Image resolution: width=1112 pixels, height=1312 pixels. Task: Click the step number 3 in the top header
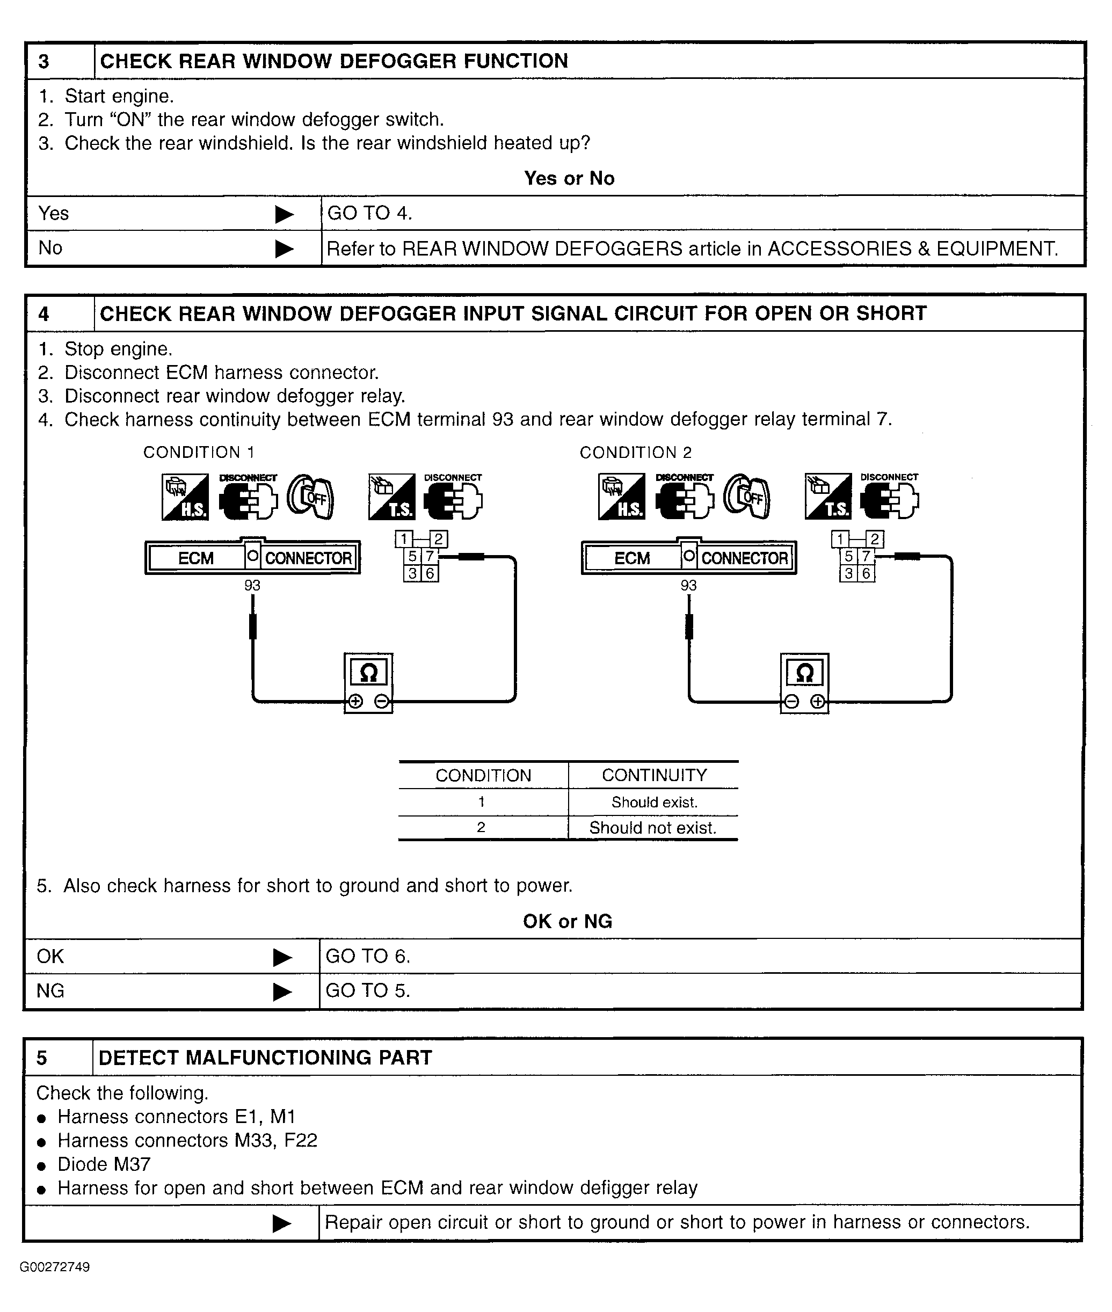(43, 62)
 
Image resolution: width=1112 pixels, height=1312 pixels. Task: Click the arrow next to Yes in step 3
(284, 215)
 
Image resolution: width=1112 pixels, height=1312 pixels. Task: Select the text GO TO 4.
(369, 214)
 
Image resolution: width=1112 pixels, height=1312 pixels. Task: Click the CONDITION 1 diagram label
(199, 453)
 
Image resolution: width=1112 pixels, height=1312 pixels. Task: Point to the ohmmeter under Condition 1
(369, 683)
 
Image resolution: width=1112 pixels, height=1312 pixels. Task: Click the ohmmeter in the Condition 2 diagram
(805, 683)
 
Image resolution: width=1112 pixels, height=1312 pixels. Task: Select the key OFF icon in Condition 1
(310, 497)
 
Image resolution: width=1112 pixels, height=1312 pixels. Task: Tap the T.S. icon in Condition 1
(391, 497)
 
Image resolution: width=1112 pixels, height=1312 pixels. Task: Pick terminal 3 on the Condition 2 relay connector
(848, 573)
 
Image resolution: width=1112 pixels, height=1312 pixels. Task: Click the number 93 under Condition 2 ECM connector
(688, 586)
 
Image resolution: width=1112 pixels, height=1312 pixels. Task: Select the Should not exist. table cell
(653, 828)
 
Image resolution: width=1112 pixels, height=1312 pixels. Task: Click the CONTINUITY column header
(655, 776)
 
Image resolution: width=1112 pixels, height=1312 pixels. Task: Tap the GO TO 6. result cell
(368, 957)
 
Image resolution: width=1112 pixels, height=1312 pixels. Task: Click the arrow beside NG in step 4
(282, 992)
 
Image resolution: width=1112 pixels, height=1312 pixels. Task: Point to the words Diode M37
(104, 1164)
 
